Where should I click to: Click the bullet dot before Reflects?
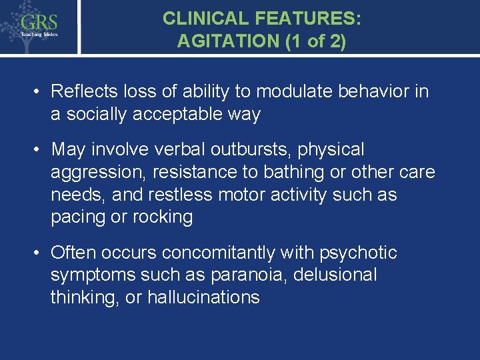coord(39,91)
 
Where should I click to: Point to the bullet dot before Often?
coord(39,253)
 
